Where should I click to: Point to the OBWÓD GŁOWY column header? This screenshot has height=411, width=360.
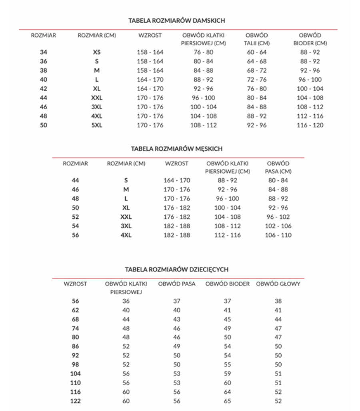coord(278,284)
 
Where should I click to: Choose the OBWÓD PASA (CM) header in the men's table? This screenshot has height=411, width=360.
coord(278,167)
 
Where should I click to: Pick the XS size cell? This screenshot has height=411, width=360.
coord(97,52)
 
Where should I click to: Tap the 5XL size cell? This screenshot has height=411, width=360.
coord(97,126)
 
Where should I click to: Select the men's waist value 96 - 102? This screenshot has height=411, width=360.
coord(278,217)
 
